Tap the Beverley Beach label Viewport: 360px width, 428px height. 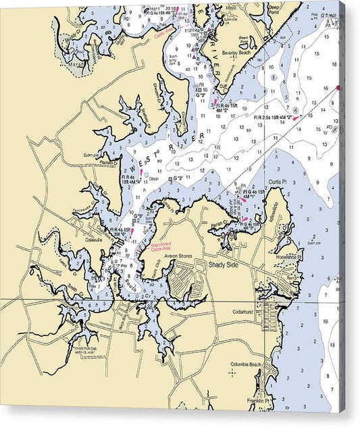pos(249,52)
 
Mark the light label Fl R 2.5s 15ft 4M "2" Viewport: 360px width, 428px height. pos(272,117)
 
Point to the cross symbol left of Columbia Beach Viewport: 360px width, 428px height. pos(232,372)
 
